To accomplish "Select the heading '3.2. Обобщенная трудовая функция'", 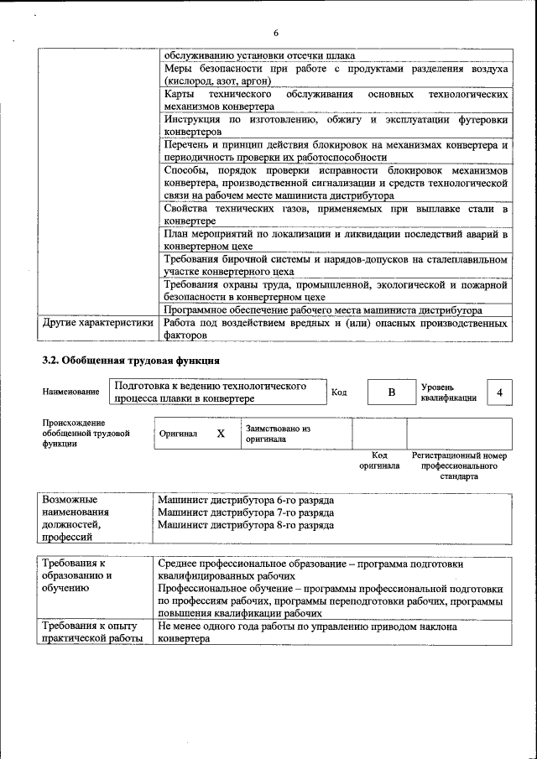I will point(131,361).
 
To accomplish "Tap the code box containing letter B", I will point(390,392).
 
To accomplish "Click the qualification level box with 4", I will point(499,392).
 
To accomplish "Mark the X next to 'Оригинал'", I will point(221,434).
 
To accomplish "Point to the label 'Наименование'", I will point(70,392).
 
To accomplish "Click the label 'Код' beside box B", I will point(339,392).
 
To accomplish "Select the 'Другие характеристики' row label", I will point(98,322).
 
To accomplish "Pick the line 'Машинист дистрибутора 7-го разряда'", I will point(246,512).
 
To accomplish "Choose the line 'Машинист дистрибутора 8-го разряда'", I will point(246,526).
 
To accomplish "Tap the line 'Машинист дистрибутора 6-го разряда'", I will point(246,500).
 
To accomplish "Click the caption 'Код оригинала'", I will point(379,460).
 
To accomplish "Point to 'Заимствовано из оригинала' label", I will point(278,434).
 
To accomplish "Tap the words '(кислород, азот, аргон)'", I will point(216,81).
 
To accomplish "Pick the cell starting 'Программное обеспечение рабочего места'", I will point(323,309).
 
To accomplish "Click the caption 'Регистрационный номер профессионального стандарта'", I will point(458,465).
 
